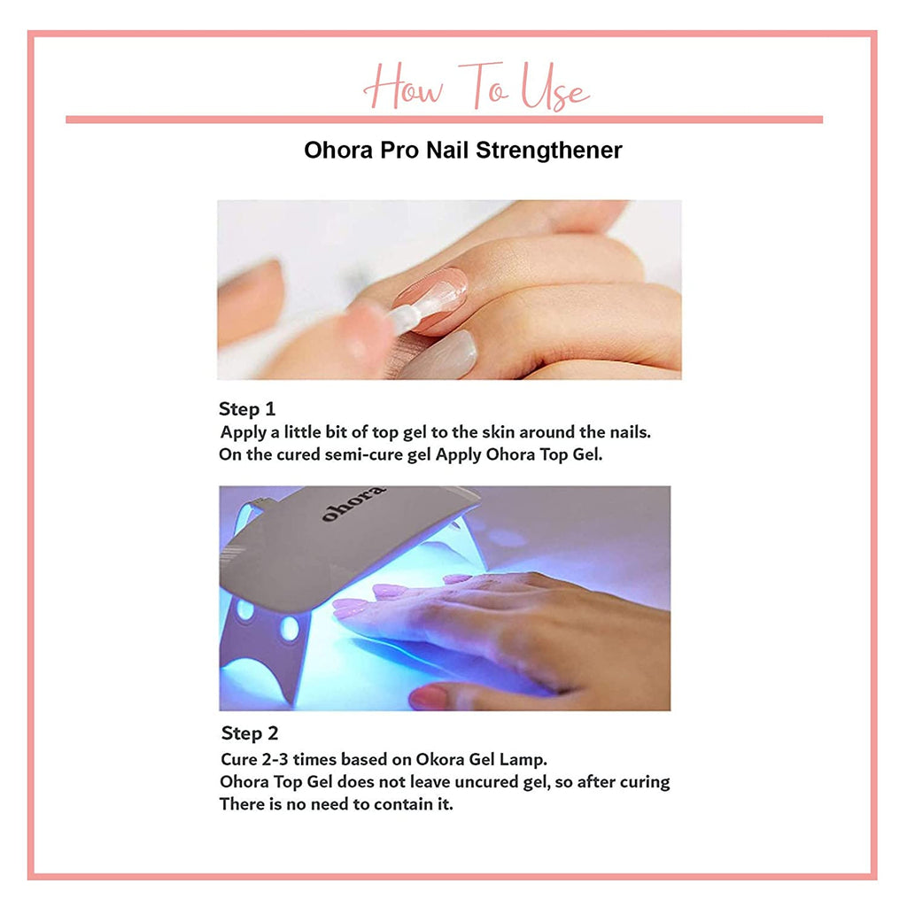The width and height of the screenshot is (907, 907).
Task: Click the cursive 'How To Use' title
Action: (476, 87)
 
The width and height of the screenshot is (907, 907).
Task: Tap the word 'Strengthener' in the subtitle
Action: (549, 151)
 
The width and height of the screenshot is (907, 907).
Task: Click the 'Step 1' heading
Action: (247, 409)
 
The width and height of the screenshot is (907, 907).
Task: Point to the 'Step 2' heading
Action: (249, 733)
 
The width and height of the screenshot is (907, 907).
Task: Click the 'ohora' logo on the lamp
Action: (353, 503)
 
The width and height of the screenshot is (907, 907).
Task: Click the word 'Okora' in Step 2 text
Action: (440, 759)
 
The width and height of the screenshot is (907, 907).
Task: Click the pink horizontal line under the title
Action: (445, 120)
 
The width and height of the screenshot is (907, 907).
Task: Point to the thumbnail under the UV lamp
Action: (429, 696)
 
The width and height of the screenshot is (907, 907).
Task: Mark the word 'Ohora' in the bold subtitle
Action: (338, 151)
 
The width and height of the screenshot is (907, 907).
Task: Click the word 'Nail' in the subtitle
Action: (447, 151)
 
